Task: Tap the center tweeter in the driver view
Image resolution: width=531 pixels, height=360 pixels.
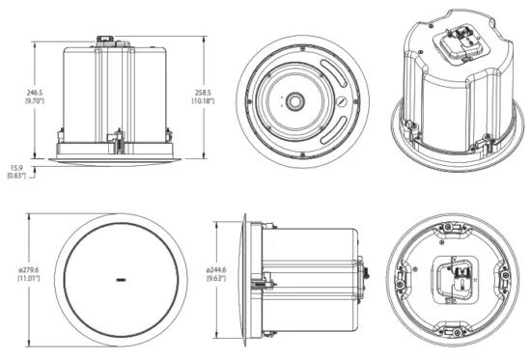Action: point(294,99)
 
